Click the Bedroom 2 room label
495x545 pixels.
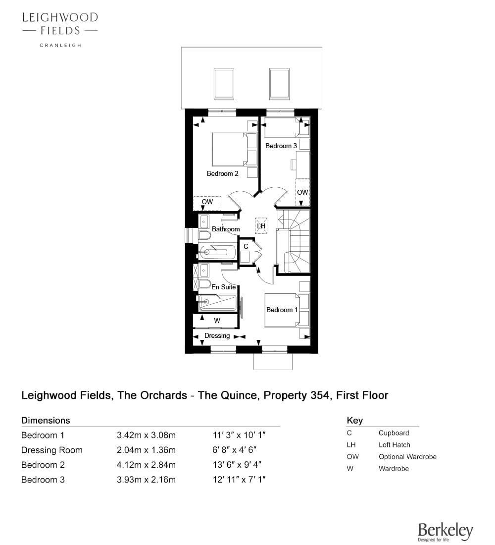(222, 173)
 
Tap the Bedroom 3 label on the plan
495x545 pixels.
(281, 146)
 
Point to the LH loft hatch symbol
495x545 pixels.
(261, 225)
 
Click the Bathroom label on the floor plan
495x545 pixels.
(226, 229)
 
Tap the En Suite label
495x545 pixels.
(224, 287)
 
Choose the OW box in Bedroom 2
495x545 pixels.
(207, 203)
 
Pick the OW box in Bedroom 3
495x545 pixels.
(302, 192)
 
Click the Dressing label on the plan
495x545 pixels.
(217, 335)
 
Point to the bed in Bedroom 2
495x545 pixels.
(230, 149)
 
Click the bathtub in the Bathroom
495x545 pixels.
(217, 252)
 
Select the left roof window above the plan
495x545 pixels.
(224, 84)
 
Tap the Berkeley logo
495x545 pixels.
(445, 532)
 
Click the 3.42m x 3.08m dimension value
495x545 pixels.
(146, 435)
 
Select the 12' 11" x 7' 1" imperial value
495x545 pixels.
(240, 479)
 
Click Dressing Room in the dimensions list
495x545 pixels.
(52, 450)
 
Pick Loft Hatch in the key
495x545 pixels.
(394, 444)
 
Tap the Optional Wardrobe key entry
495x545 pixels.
(407, 456)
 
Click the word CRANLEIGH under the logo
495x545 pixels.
(60, 45)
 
